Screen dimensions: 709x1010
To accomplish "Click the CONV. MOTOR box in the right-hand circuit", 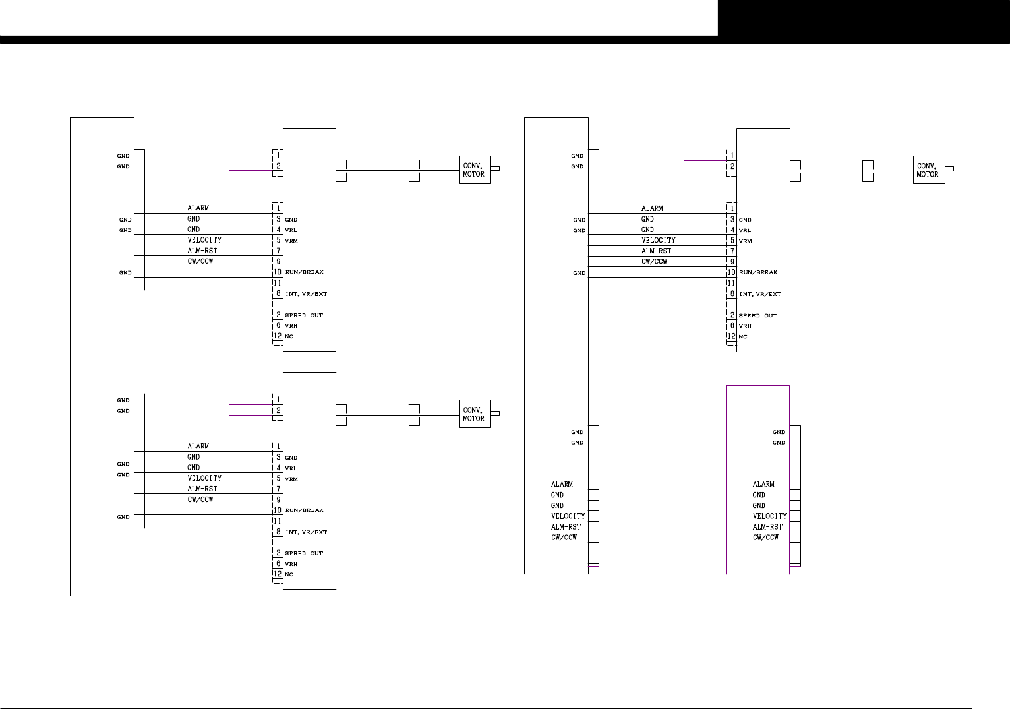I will pyautogui.click(x=928, y=170).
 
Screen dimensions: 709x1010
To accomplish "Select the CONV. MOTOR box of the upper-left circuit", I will pyautogui.click(x=475, y=170).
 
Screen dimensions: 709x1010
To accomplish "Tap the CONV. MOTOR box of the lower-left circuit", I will pyautogui.click(x=475, y=414).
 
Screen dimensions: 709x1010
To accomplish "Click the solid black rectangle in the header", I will pyautogui.click(x=864, y=18).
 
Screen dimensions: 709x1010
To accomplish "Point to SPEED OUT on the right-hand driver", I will pyautogui.click(x=757, y=316).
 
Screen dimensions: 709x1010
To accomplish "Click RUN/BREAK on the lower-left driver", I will pyautogui.click(x=304, y=510).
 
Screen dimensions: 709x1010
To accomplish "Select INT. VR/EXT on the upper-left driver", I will pyautogui.click(x=306, y=294).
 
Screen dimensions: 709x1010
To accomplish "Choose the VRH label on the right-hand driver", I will pyautogui.click(x=745, y=326).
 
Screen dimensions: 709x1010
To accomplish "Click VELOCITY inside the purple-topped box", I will pyautogui.click(x=769, y=516).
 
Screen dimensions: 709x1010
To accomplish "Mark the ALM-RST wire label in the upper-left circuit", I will pyautogui.click(x=202, y=251).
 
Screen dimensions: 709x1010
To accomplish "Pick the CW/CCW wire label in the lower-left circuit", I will pyautogui.click(x=200, y=499).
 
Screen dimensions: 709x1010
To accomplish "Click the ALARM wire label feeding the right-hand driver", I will pyautogui.click(x=652, y=208).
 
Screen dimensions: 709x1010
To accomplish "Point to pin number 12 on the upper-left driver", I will pyautogui.click(x=278, y=336).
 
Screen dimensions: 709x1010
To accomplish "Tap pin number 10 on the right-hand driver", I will pyautogui.click(x=732, y=272).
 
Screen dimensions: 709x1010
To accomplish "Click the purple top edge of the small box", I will pyautogui.click(x=757, y=386).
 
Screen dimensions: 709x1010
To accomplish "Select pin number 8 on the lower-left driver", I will pyautogui.click(x=278, y=532).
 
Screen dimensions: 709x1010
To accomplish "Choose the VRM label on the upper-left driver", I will pyautogui.click(x=291, y=241).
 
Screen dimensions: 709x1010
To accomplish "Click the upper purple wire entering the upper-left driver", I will pyautogui.click(x=251, y=160).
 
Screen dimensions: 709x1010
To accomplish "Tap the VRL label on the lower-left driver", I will pyautogui.click(x=291, y=468).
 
